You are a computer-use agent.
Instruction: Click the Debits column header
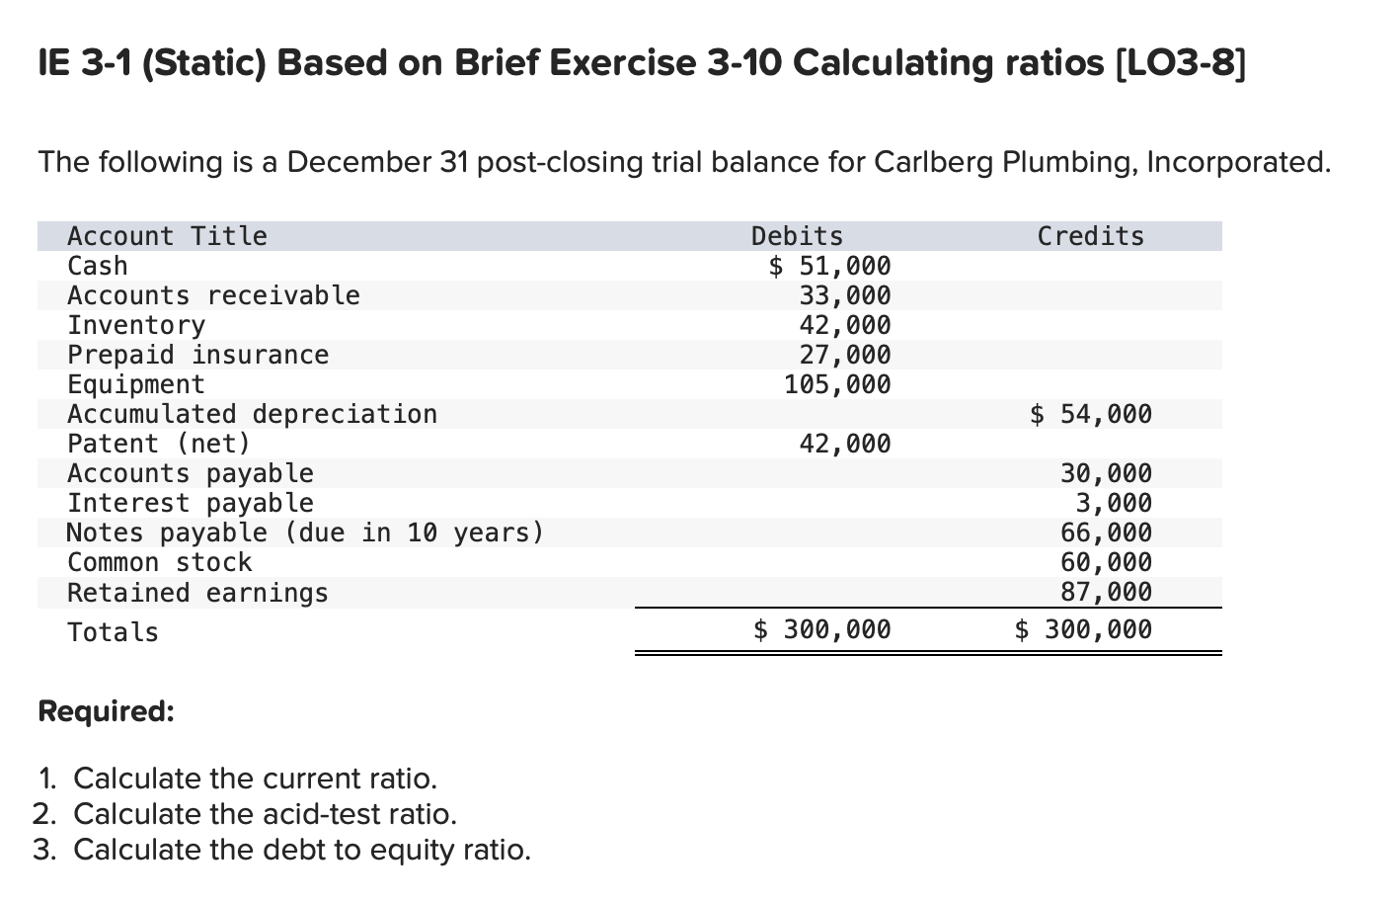(797, 236)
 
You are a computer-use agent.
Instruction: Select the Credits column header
(1090, 236)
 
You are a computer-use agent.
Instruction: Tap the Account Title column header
(167, 236)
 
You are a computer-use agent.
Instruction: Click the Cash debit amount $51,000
(830, 266)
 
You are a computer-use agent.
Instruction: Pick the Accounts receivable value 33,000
(844, 295)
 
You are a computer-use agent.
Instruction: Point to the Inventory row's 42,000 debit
(844, 325)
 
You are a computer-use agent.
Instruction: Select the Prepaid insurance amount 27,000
(844, 355)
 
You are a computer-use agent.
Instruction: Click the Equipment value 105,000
(837, 384)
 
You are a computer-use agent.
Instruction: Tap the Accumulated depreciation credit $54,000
(1091, 414)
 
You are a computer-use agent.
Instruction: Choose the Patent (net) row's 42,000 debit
(844, 444)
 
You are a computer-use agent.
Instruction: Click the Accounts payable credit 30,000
(1106, 473)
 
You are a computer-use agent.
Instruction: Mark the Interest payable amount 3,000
(1114, 503)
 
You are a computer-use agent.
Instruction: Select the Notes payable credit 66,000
(1106, 533)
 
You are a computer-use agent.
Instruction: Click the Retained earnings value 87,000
(1106, 592)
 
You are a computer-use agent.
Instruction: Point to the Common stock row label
(159, 562)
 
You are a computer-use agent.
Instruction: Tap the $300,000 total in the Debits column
(822, 629)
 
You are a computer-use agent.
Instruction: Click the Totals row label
(113, 632)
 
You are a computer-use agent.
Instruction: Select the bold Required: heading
(106, 711)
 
